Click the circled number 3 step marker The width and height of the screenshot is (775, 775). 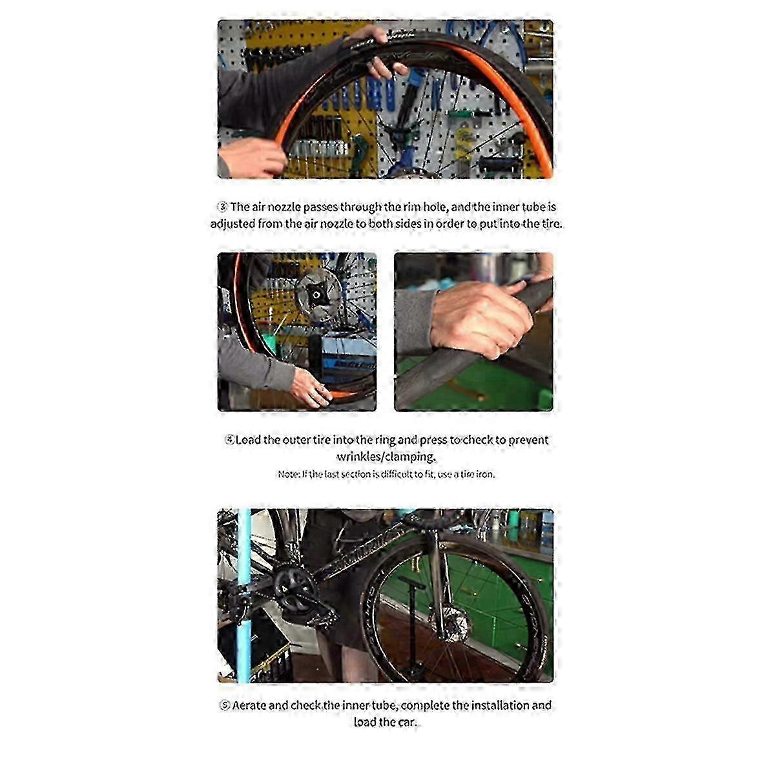pos(222,207)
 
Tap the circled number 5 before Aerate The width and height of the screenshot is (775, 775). pos(225,705)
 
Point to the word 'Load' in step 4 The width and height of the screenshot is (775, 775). pos(248,440)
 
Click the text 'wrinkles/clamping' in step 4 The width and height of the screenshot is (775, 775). pos(386,457)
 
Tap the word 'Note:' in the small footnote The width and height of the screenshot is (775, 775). pos(288,474)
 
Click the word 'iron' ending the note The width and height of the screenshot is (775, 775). pos(484,474)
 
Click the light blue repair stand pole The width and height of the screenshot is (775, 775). pos(243,596)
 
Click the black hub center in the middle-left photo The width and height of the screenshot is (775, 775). pos(315,295)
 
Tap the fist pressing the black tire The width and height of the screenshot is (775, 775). pos(480,318)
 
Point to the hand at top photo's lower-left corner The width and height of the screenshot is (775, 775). pos(251,158)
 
